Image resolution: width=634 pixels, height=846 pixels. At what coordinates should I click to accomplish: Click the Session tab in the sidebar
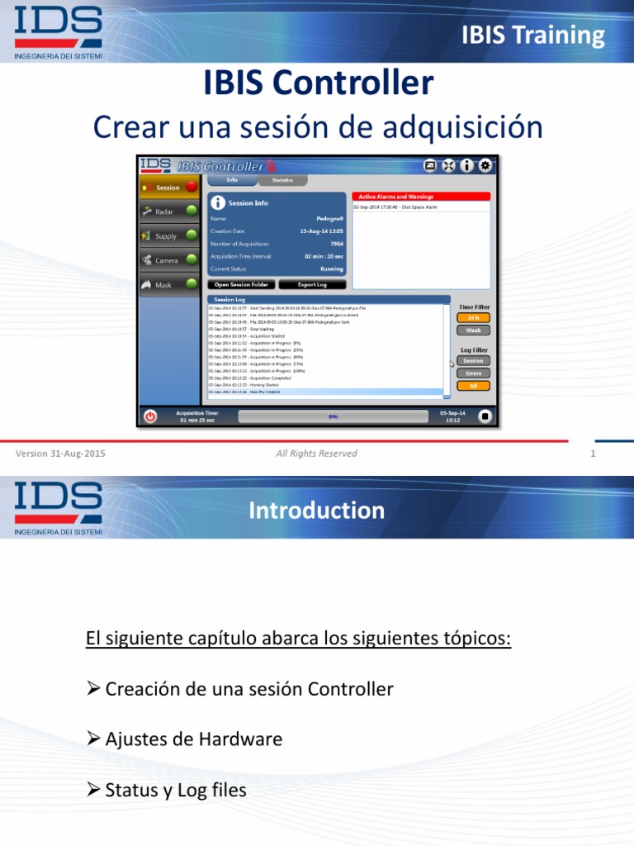pyautogui.click(x=168, y=188)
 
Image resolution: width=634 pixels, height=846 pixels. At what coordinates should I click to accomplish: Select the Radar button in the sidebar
pyautogui.click(x=168, y=211)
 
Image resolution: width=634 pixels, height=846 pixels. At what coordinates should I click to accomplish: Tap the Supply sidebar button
pyautogui.click(x=168, y=235)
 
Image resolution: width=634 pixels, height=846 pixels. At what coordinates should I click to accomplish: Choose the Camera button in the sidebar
pyautogui.click(x=168, y=260)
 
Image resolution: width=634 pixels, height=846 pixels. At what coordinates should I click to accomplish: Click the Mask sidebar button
pyautogui.click(x=168, y=284)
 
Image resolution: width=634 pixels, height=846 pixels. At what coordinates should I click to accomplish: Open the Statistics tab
pyautogui.click(x=282, y=179)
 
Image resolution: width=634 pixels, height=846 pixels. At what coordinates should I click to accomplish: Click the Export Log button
pyautogui.click(x=312, y=284)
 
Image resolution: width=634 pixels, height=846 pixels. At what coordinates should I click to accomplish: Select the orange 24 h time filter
pyautogui.click(x=473, y=317)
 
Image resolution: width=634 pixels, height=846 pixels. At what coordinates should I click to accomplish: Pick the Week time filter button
pyautogui.click(x=473, y=330)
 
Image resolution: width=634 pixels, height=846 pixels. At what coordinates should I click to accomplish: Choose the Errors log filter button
pyautogui.click(x=473, y=373)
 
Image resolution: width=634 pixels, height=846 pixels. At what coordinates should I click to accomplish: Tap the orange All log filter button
pyautogui.click(x=473, y=385)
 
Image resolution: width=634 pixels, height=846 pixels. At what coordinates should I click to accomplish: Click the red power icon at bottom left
pyautogui.click(x=149, y=416)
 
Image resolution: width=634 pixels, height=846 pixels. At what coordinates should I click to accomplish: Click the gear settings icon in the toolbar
pyautogui.click(x=485, y=165)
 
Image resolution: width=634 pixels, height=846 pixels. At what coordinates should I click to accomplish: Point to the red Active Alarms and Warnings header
pyautogui.click(x=421, y=197)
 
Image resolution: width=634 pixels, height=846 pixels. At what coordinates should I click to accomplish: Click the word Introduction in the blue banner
pyautogui.click(x=317, y=511)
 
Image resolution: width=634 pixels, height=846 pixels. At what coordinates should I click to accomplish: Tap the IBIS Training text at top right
pyautogui.click(x=532, y=35)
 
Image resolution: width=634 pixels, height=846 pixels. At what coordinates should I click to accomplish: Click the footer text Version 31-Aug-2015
pyautogui.click(x=60, y=454)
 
